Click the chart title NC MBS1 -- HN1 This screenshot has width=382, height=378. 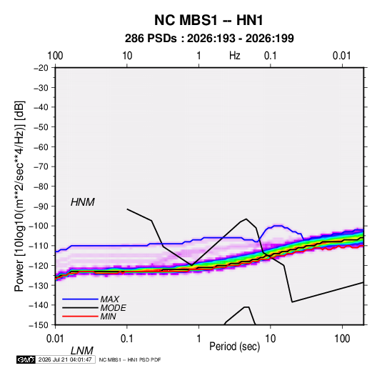pos(208,20)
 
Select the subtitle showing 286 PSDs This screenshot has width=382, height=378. pos(209,39)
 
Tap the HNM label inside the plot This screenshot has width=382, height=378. pos(83,202)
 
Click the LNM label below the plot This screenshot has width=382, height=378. pos(82,351)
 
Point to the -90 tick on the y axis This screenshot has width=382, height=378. pos(41,207)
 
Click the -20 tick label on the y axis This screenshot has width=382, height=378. pos(41,68)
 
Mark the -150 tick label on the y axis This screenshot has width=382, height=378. pos(39,325)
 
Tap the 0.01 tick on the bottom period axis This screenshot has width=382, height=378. pos(55,339)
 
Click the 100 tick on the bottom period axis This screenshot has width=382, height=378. pos(342,339)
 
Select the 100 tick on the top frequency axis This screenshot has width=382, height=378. pos(55,56)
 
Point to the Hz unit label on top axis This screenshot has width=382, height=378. pos(235,56)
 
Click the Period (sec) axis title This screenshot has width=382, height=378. pos(235,347)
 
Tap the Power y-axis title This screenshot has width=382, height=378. pos(19,197)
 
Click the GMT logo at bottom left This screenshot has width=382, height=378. pos(26,359)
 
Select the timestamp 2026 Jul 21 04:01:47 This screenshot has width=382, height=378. pos(65,359)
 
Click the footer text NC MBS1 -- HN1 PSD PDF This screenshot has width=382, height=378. pos(130,359)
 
